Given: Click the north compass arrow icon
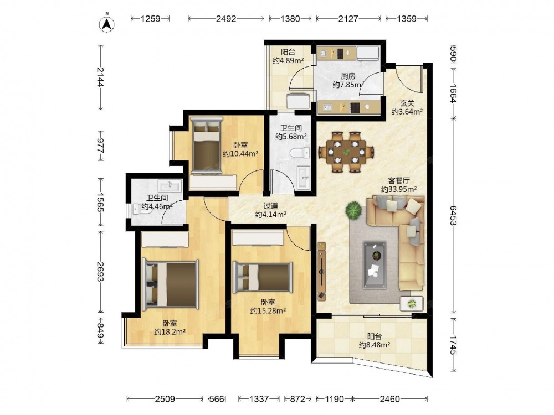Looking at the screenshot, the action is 107,23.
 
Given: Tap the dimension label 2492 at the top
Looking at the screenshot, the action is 226,19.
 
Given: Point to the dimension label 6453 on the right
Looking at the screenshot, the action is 454,216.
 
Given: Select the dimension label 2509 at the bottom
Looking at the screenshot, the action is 165,399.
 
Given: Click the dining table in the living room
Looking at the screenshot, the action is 346,152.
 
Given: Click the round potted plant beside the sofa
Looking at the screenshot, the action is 353,210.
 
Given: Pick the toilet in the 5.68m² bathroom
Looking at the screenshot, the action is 301,153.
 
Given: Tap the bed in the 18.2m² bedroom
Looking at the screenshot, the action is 170,284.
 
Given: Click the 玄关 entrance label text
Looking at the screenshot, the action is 407,103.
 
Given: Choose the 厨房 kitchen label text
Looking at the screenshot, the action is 348,76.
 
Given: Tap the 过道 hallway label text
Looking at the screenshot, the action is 271,206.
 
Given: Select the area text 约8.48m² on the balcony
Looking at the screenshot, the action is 375,345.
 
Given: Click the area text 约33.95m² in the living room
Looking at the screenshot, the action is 399,189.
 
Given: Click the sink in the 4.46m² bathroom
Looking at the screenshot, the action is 170,185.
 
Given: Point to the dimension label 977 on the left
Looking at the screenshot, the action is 100,146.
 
